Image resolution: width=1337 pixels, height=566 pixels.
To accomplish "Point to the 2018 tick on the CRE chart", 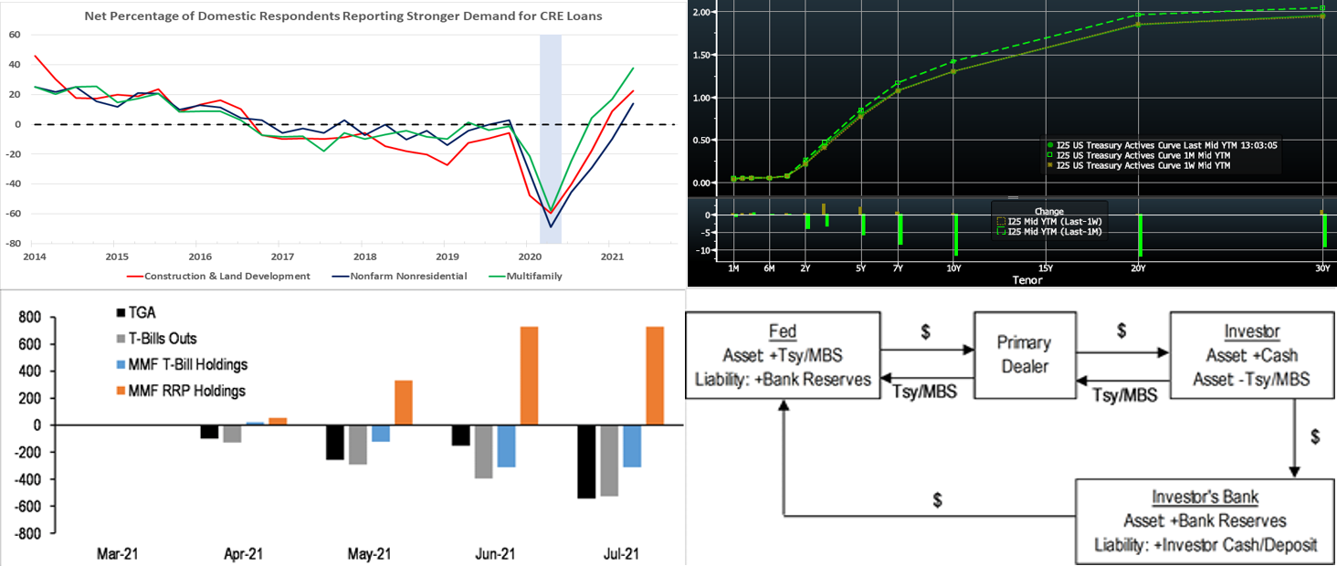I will pos(364,257).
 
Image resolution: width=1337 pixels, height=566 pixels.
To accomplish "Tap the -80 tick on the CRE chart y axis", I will pos(15,244).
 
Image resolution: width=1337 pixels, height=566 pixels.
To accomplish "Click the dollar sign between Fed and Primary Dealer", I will pos(925,332).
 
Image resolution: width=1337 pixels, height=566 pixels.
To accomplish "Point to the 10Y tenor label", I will pos(953,268).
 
